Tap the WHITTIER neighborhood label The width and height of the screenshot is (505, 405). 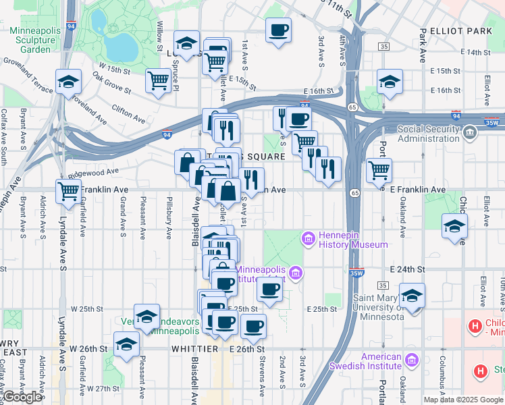click(x=196, y=349)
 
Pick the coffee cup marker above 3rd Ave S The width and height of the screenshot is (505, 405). click(x=278, y=30)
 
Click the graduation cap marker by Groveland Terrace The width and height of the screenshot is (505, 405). click(x=68, y=82)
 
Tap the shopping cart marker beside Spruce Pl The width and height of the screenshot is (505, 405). click(x=158, y=81)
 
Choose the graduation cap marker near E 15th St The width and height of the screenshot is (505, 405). click(x=390, y=82)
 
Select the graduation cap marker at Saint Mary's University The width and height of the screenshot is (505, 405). click(x=412, y=296)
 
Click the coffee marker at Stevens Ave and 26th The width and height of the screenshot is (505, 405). click(x=254, y=327)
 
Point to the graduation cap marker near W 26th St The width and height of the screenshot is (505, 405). click(x=126, y=344)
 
